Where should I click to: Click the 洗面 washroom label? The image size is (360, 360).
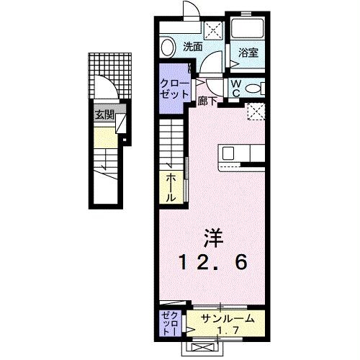coord(192,48)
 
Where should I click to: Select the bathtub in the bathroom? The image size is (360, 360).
coord(248,29)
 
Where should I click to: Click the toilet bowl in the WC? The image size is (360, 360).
coord(253,89)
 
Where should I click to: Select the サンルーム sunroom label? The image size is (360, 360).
coord(226,316)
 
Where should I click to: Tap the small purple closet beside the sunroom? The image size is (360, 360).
coord(168,323)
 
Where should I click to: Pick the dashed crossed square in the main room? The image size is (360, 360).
coord(256,110)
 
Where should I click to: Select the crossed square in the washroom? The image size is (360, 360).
coord(213,29)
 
